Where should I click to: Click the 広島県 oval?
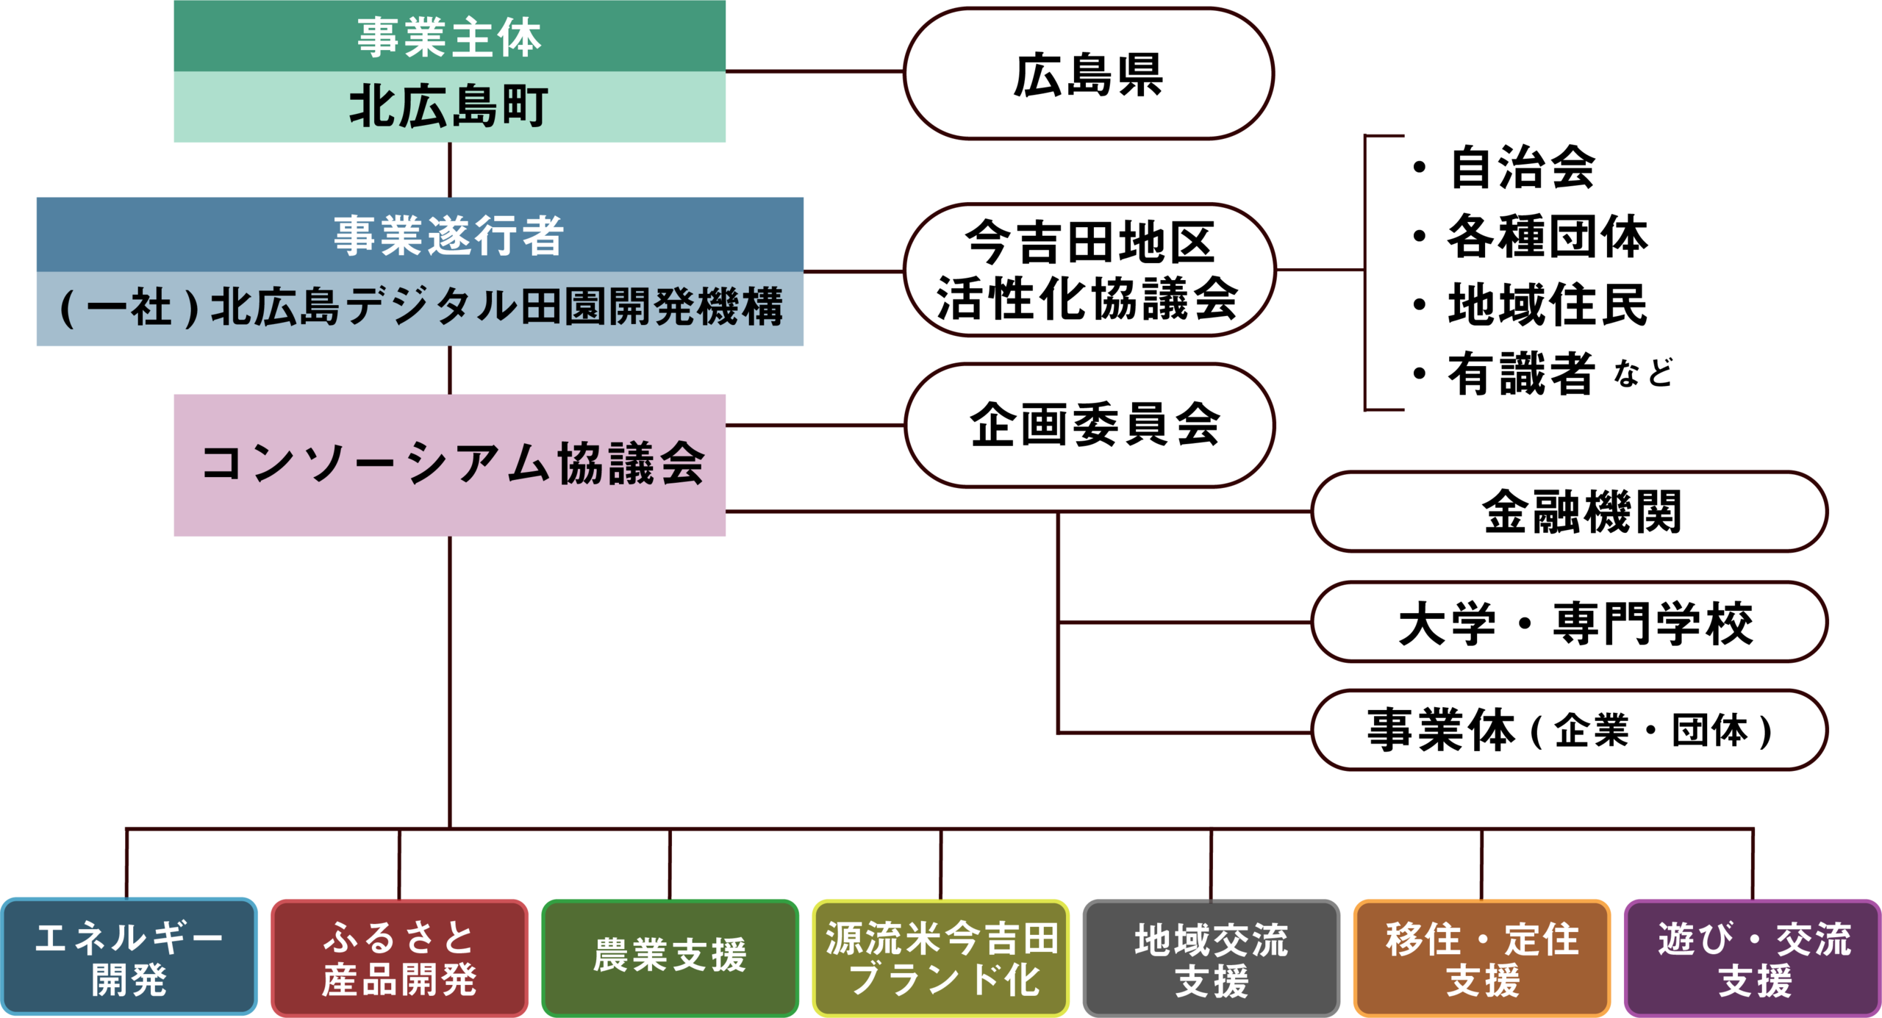click(1088, 74)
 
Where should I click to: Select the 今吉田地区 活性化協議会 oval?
click(1088, 270)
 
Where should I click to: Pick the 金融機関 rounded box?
click(1570, 512)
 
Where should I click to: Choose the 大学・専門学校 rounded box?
click(1570, 623)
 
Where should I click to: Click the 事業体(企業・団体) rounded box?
click(1570, 731)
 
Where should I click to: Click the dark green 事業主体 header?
click(450, 36)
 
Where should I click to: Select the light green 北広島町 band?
click(450, 107)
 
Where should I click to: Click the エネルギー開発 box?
click(129, 958)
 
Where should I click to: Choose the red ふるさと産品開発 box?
click(400, 958)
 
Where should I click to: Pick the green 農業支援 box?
click(670, 958)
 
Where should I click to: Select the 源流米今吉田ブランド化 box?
click(941, 958)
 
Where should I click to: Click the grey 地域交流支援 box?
click(1212, 958)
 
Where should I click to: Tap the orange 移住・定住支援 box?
click(1482, 958)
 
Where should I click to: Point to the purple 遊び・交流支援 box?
click(1753, 958)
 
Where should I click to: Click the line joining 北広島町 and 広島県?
click(815, 72)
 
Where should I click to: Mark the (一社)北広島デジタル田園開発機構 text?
click(421, 307)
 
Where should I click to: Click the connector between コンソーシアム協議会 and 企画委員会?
click(815, 425)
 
